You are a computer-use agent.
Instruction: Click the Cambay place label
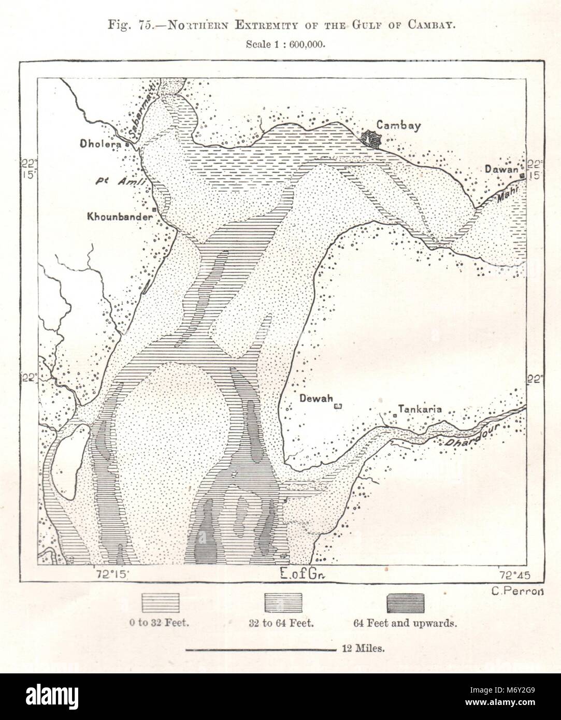398,125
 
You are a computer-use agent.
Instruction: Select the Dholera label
100,144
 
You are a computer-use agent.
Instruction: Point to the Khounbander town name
120,217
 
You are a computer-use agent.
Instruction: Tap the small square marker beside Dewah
338,407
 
